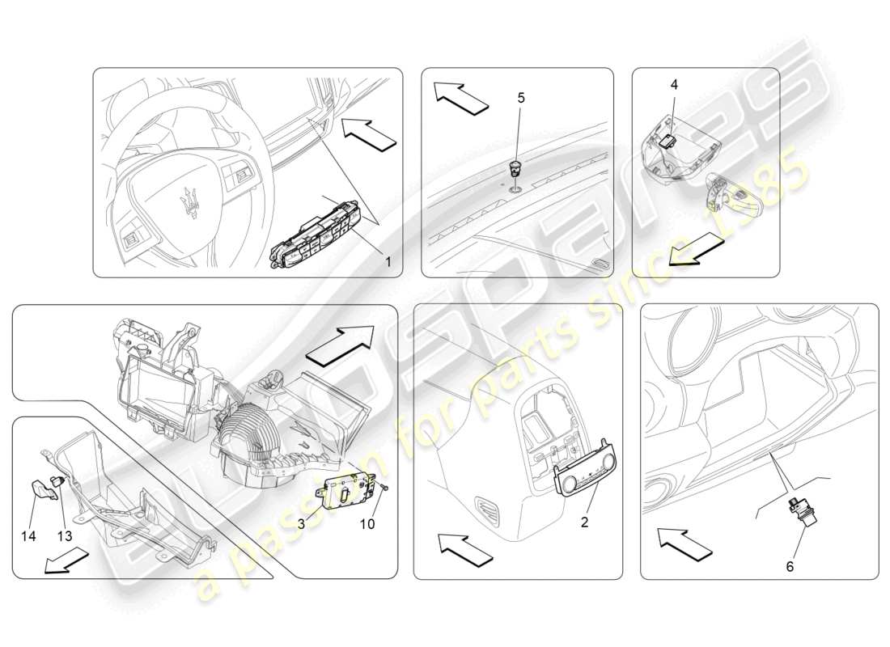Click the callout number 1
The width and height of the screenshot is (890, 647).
388,261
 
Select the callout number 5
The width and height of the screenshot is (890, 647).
521,98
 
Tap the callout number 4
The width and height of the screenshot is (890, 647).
674,84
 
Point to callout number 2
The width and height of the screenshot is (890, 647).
584,522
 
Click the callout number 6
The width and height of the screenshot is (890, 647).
790,566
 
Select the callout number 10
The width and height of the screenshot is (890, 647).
367,524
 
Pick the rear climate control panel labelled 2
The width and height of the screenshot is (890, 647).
579,484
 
